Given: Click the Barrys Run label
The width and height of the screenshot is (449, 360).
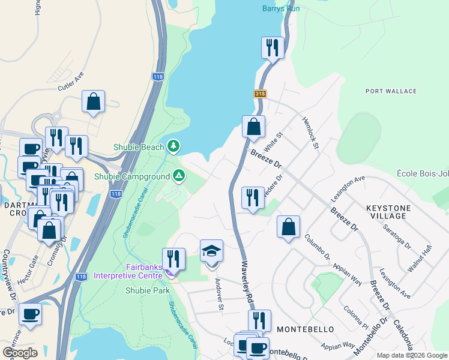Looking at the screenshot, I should point(280,8).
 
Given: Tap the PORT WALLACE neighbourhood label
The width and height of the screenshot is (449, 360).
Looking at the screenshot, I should point(391,91).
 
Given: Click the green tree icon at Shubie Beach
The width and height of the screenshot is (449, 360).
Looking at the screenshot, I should point(173,146).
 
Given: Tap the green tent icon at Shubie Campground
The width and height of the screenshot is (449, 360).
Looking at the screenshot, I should point(178,176).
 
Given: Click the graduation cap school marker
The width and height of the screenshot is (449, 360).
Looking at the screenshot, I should point(211,251).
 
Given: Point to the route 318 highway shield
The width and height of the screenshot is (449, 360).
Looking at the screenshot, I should point(259,94).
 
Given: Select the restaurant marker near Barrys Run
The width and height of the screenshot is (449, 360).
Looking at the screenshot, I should point(273,48).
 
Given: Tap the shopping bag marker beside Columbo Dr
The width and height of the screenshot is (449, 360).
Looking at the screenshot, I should point(289,227).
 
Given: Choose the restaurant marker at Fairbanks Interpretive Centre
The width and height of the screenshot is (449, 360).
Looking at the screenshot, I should point(173,259).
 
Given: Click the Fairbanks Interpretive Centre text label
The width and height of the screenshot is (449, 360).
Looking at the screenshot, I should point(127,271).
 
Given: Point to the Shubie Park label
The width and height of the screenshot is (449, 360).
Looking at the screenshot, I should point(147,290).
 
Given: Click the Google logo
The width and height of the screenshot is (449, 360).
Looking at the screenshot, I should point(20,352).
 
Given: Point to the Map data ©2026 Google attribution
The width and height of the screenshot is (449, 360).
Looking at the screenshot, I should point(411,355).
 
